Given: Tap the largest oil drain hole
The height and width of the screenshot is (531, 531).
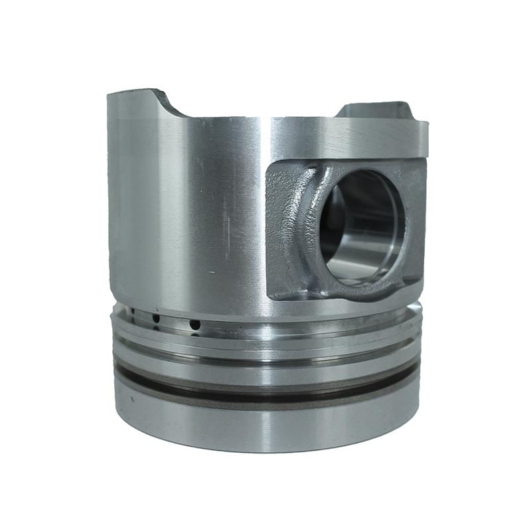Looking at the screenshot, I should pyautogui.click(x=194, y=325).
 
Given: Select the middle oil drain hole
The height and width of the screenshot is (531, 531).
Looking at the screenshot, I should pyautogui.click(x=156, y=319).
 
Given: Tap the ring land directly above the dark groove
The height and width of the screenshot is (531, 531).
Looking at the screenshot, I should pyautogui.click(x=265, y=372).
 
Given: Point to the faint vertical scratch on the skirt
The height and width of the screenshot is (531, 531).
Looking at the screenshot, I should pyautogui.click(x=226, y=219).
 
